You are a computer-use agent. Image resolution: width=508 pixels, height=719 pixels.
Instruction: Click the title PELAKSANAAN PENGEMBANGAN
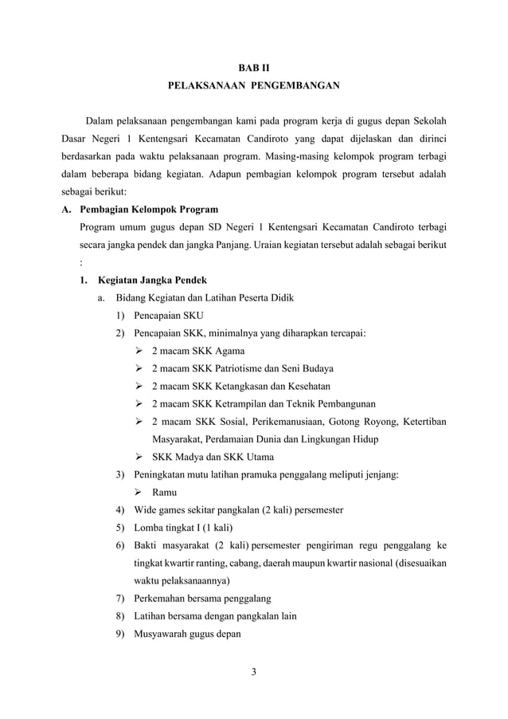(254, 84)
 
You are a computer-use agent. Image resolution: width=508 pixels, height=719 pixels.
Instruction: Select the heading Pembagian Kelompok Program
(149, 210)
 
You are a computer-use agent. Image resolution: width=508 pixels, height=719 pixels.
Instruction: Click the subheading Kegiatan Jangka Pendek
(151, 281)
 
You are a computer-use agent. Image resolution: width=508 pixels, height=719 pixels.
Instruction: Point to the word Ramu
(165, 492)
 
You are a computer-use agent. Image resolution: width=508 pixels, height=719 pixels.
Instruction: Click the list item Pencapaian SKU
(168, 316)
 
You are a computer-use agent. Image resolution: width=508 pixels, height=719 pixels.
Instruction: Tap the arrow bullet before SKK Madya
(139, 457)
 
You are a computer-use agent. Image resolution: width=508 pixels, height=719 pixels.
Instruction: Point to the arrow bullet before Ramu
(139, 492)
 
